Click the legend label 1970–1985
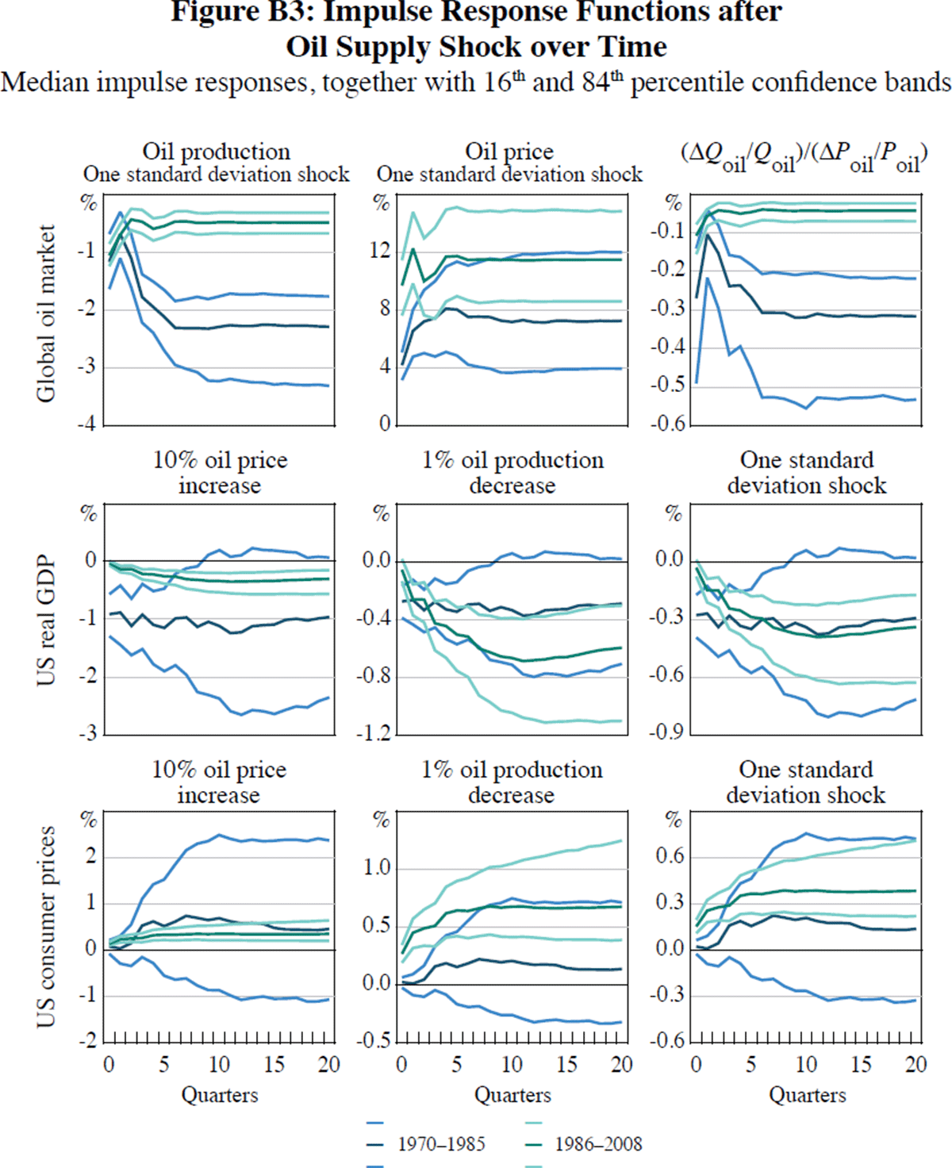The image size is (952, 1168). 441,1144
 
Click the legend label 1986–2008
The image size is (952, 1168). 598,1144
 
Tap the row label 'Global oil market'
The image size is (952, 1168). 46,313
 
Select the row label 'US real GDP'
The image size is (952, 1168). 46,620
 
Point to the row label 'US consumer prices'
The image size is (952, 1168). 46,927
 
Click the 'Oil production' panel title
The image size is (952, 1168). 216,151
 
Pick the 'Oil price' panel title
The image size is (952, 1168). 509,151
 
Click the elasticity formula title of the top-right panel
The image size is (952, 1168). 804,154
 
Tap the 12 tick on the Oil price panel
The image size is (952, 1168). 381,251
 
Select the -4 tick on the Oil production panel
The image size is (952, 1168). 86,424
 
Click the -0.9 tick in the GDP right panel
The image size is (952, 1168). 666,733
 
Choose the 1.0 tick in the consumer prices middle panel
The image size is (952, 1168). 377,868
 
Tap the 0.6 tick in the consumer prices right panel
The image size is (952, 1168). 670,857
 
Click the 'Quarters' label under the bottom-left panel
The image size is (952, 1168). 220,1096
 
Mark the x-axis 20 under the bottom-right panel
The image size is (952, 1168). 916,1065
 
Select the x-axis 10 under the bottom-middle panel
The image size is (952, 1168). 512,1065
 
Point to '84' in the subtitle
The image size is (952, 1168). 594,83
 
